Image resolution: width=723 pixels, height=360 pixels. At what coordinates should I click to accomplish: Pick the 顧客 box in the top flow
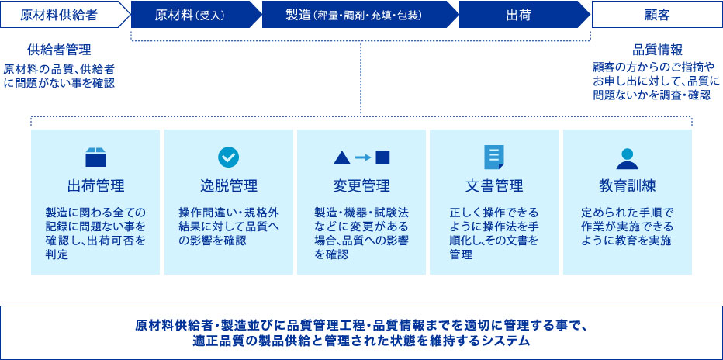(x=657, y=14)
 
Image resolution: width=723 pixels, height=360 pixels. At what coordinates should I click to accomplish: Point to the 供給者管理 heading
(x=59, y=50)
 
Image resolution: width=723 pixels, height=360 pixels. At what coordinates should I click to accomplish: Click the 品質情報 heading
(x=656, y=50)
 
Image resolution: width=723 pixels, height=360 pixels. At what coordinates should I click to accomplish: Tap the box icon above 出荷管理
(x=95, y=157)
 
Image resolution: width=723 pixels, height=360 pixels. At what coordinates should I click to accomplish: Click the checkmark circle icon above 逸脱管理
(x=228, y=157)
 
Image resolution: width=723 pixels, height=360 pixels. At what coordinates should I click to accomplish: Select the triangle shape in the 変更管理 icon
(x=342, y=157)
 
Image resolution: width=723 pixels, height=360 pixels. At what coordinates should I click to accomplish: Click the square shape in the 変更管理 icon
(x=382, y=157)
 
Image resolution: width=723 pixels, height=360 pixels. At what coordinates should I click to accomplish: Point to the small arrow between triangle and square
(x=363, y=157)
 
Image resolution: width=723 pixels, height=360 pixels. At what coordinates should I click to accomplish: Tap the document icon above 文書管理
(x=494, y=157)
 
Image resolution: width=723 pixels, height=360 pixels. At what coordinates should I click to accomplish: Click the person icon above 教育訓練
(x=627, y=158)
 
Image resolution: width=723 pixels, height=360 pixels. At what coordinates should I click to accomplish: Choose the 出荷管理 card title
(x=95, y=186)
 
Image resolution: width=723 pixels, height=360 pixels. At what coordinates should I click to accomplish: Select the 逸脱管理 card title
(x=229, y=186)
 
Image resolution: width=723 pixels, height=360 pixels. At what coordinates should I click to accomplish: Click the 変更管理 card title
(x=361, y=186)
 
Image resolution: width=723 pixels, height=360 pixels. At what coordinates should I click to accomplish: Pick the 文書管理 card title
(x=494, y=186)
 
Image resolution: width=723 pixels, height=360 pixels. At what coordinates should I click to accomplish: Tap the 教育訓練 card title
(x=627, y=186)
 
